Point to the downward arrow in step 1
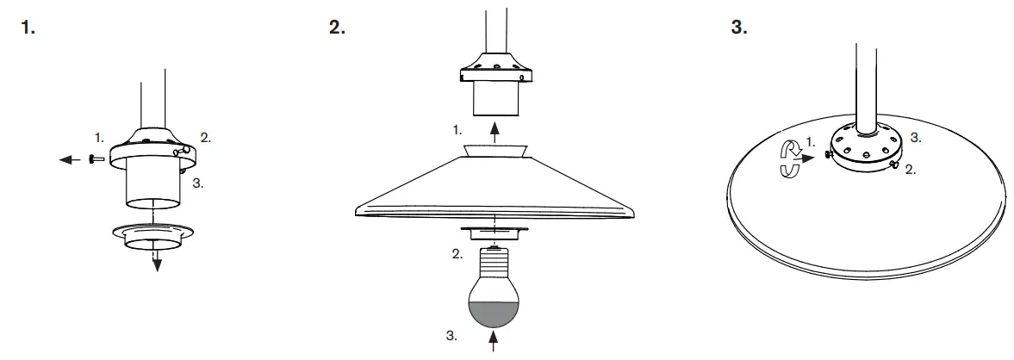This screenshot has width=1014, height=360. (x=157, y=262)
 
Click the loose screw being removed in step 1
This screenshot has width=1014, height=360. (x=96, y=158)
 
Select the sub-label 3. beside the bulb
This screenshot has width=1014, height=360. (x=451, y=336)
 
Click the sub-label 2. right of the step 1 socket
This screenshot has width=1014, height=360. (x=206, y=136)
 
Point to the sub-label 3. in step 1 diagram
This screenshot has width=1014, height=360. (x=198, y=183)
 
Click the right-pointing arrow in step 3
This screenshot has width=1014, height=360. (x=807, y=158)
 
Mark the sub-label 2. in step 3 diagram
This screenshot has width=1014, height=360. (x=910, y=170)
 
